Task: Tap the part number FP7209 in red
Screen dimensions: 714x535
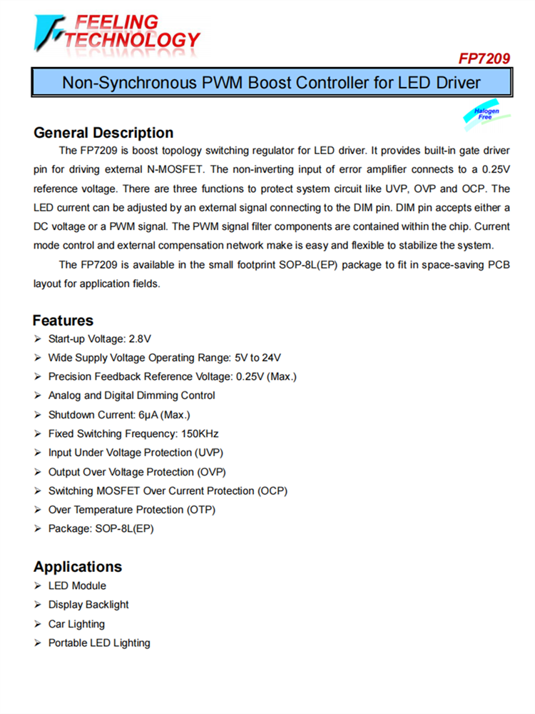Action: [x=484, y=59]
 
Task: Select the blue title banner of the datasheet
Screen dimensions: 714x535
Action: [x=271, y=83]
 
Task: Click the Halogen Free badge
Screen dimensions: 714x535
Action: [x=486, y=114]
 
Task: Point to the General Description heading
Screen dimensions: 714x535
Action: [x=103, y=133]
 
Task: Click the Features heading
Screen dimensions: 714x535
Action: [x=63, y=321]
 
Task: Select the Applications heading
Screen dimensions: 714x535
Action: [x=77, y=567]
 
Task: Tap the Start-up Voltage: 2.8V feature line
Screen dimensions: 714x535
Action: [x=99, y=338]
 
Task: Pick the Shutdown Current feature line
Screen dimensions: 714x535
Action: [x=118, y=415]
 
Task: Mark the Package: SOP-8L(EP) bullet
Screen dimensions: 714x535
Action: [x=101, y=529]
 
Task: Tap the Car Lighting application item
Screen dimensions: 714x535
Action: [x=76, y=624]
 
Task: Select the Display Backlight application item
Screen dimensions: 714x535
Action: [x=88, y=605]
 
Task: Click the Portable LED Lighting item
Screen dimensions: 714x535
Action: [x=99, y=643]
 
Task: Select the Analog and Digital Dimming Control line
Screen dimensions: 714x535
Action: [x=131, y=396]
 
